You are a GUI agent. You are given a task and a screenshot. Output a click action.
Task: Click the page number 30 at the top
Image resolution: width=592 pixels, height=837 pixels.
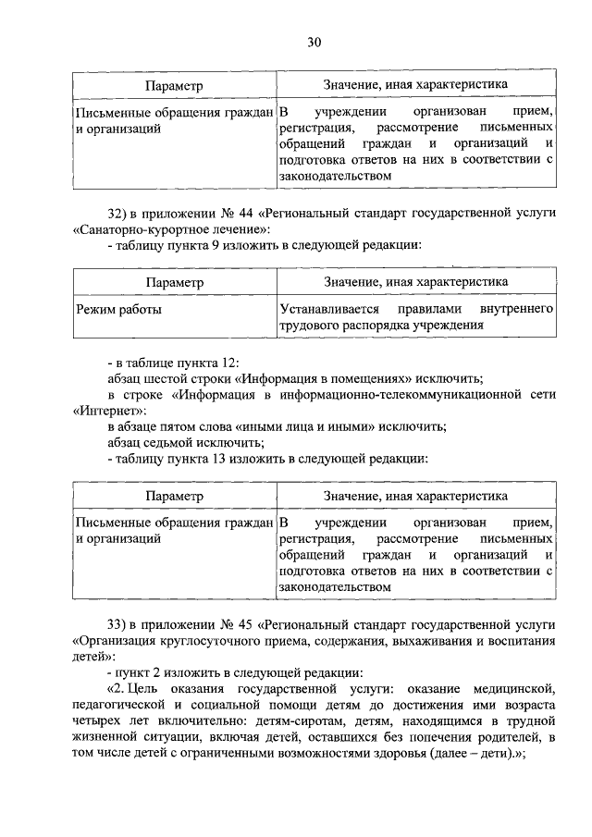pyautogui.click(x=314, y=42)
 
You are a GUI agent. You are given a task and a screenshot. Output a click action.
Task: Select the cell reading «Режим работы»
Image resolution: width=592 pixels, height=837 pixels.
pyautogui.click(x=117, y=310)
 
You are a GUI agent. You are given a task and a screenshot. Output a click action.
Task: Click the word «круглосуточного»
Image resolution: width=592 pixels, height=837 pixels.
pyautogui.click(x=199, y=639)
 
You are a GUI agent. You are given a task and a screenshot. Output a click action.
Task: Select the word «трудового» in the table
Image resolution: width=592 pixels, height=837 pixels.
pyautogui.click(x=309, y=326)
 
